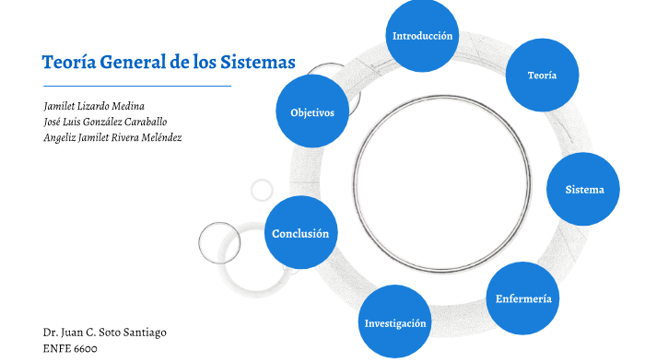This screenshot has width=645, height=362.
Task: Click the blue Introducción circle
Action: click(422, 36)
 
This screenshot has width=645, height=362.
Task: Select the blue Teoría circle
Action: click(542, 75)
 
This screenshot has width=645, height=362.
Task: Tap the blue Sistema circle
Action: click(585, 189)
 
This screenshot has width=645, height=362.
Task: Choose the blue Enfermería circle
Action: click(523, 298)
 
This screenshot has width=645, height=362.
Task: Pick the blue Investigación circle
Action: click(395, 323)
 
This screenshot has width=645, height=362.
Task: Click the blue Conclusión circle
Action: click(300, 234)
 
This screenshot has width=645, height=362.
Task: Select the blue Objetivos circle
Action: click(312, 112)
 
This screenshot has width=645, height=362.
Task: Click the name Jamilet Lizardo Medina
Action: click(94, 106)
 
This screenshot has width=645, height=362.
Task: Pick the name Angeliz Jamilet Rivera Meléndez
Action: click(112, 137)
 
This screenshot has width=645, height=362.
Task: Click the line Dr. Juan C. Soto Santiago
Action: click(104, 332)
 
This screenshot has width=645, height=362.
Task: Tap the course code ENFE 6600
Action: click(70, 348)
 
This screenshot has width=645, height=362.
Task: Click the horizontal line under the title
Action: click(136, 86)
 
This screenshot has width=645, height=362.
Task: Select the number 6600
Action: click(84, 348)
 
